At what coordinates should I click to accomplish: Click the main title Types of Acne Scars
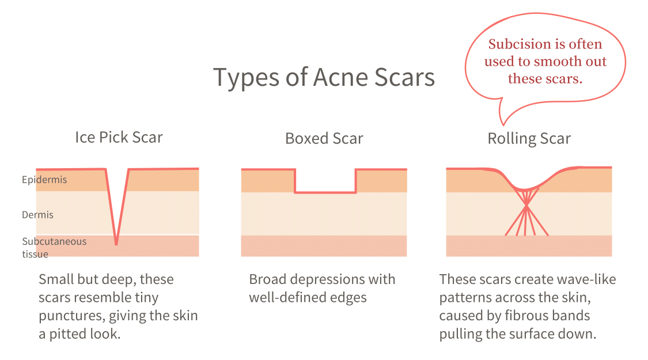point(324,77)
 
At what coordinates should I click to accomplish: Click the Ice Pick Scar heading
point(119,138)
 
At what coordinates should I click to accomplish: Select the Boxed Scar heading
point(324,139)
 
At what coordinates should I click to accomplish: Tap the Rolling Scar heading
point(529,139)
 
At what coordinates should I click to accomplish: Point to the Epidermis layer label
point(44,180)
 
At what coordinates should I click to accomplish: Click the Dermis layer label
point(37,215)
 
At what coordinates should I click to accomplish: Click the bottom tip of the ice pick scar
point(116,244)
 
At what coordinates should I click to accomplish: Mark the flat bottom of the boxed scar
point(325,192)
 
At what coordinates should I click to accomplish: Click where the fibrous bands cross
point(526,206)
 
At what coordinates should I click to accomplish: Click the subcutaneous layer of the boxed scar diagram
point(324,246)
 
